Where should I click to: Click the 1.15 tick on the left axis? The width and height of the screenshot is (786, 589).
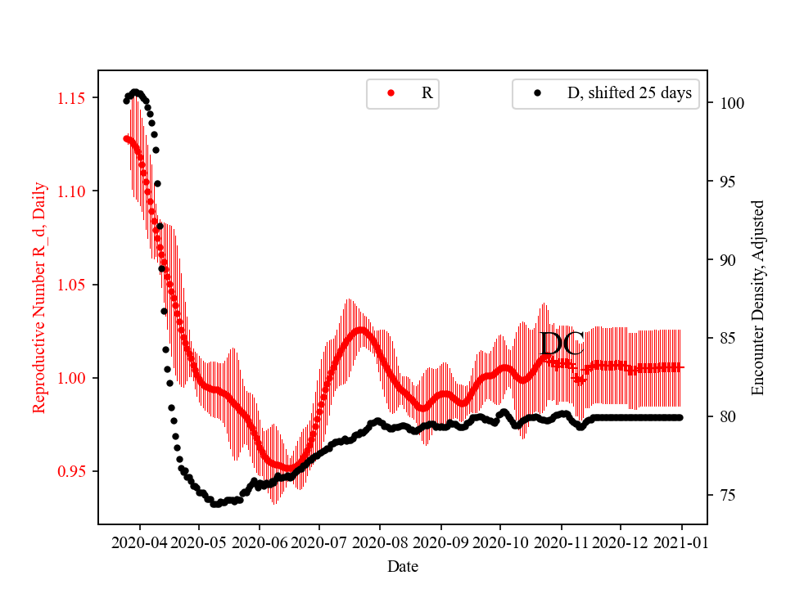pos(71,98)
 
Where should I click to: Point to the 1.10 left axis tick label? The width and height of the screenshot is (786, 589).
pos(71,191)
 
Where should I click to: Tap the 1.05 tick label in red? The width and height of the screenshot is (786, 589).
pos(71,285)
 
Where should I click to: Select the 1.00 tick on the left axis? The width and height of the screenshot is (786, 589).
pos(71,378)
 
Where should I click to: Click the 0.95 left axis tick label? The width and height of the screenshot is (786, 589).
pos(71,471)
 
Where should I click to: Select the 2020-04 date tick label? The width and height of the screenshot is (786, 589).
pos(139,542)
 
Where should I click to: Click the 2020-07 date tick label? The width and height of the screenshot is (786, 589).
pos(318,542)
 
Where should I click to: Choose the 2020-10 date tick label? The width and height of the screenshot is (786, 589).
pos(499,542)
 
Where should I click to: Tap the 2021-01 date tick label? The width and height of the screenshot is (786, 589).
pos(681,542)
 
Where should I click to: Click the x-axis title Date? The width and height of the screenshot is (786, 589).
pos(403,565)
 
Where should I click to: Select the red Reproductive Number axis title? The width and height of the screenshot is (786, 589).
pos(38,298)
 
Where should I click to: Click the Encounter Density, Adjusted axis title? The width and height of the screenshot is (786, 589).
pos(757,298)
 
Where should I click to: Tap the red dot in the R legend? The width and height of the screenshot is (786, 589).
pos(391,93)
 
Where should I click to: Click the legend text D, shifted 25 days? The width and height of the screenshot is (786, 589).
pos(629,93)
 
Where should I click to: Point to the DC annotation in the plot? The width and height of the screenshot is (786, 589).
pos(562,344)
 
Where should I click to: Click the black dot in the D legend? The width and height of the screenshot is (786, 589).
pos(537,93)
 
